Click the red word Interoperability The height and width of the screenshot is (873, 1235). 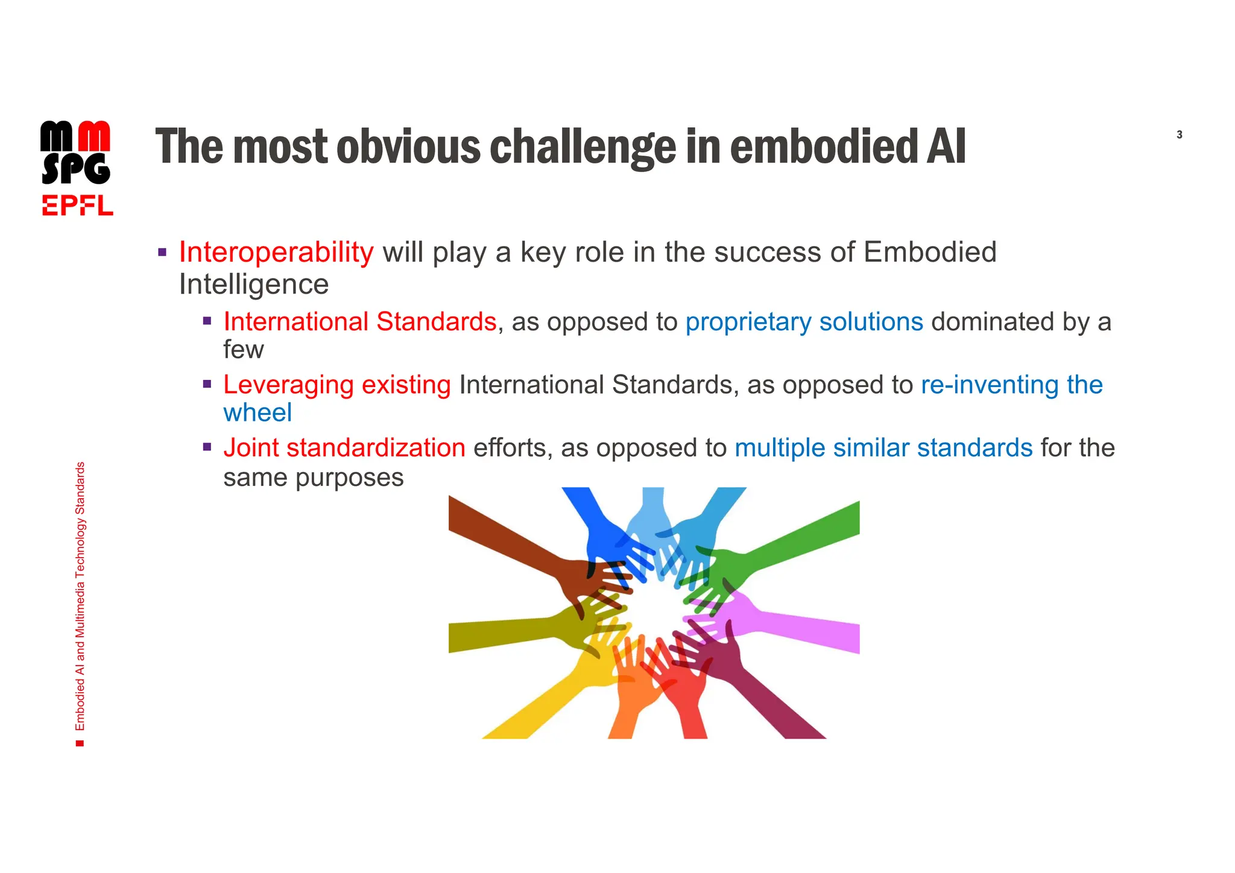tap(276, 252)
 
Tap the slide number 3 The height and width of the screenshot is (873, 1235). tap(1179, 135)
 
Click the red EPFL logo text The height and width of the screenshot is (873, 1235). tap(77, 206)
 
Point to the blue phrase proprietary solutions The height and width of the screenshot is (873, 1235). tap(804, 322)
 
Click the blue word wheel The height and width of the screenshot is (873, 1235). tap(257, 413)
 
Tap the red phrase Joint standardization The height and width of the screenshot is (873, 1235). tap(344, 448)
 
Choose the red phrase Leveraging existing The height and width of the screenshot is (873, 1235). tap(336, 385)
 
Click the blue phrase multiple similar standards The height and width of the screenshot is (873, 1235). tap(883, 448)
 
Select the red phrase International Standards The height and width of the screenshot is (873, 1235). tap(359, 322)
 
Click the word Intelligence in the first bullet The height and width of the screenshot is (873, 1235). tap(254, 285)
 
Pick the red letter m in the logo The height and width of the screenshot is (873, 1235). tap(95, 136)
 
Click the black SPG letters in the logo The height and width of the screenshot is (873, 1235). tap(76, 169)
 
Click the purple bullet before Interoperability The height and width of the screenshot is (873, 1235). tap(162, 252)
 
